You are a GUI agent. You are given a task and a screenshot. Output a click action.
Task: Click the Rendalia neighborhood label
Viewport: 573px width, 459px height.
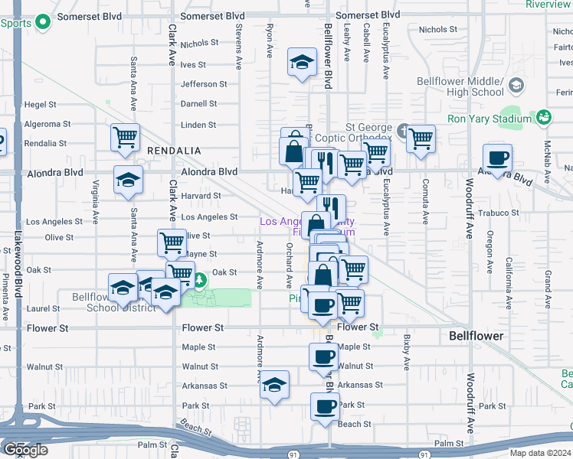pyautogui.click(x=174, y=151)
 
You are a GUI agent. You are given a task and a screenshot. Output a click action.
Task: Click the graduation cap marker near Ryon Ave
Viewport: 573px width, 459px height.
pyautogui.click(x=303, y=62)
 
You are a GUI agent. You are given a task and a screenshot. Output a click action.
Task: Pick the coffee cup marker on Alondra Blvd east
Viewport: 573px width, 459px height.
pyautogui.click(x=497, y=158)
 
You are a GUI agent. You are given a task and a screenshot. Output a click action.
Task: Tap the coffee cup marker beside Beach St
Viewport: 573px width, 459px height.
pyautogui.click(x=325, y=407)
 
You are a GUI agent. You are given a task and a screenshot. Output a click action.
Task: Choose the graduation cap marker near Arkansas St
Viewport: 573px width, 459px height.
pyautogui.click(x=274, y=385)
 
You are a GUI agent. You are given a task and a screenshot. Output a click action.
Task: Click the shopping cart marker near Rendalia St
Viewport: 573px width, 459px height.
pyautogui.click(x=125, y=138)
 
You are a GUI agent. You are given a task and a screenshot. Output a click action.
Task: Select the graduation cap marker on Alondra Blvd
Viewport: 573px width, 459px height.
pyautogui.click(x=128, y=181)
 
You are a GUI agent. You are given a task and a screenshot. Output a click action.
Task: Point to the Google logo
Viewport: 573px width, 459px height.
pyautogui.click(x=25, y=450)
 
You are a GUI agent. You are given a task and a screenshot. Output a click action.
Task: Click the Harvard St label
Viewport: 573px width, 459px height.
pyautogui.click(x=201, y=196)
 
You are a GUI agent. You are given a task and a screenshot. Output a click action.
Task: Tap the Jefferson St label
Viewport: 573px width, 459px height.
pyautogui.click(x=204, y=84)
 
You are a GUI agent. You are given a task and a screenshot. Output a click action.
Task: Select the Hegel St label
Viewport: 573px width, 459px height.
pyautogui.click(x=41, y=104)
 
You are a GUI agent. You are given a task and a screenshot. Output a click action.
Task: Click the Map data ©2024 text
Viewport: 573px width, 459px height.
pyautogui.click(x=541, y=453)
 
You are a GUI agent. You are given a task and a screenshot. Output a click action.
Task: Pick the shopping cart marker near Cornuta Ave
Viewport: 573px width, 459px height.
pyautogui.click(x=421, y=139)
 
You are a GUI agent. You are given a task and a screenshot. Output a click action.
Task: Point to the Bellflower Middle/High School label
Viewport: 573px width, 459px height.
pyautogui.click(x=460, y=86)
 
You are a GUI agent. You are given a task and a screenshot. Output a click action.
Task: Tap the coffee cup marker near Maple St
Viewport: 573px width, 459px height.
pyautogui.click(x=323, y=356)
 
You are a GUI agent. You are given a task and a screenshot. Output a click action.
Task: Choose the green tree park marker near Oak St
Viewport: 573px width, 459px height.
pyautogui.click(x=200, y=281)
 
